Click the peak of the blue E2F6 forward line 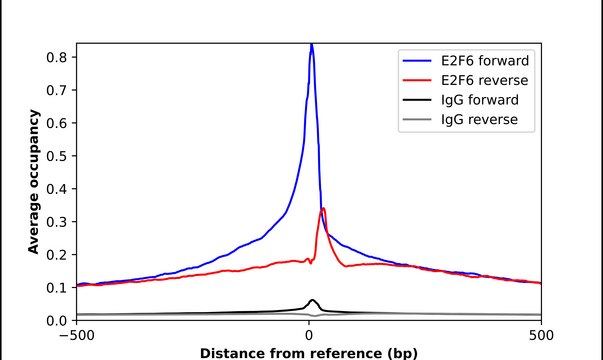pos(311,45)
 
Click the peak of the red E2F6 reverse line pos(323,209)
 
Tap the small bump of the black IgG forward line pos(312,300)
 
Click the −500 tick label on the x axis pos(76,335)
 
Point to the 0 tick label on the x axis pos(309,335)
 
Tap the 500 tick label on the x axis pos(541,335)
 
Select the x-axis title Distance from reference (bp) pos(308,352)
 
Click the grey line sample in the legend pos(415,121)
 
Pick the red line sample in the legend pos(415,78)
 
